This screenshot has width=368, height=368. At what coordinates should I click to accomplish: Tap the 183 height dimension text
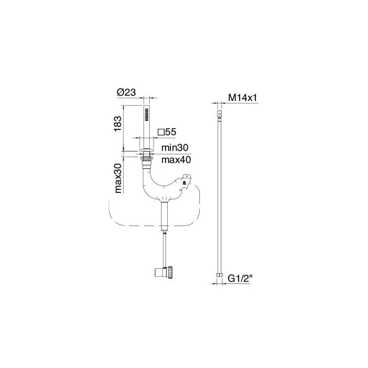tap(118, 123)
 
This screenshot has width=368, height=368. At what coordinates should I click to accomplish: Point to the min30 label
tap(175, 149)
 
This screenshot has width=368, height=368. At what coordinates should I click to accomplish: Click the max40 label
tap(176, 159)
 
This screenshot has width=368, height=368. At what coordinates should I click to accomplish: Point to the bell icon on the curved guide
tap(184, 184)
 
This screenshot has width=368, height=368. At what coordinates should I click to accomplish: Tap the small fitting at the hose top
tap(219, 114)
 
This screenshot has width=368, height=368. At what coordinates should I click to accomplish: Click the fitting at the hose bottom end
tap(219, 274)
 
